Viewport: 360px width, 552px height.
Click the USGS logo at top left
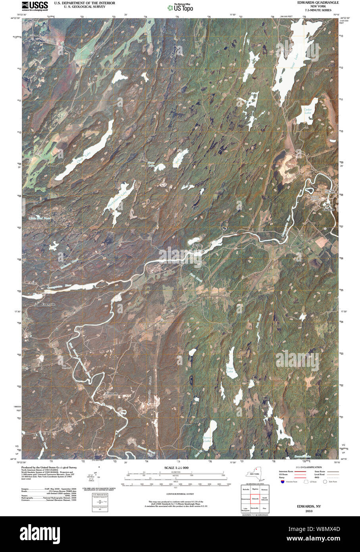pyautogui.click(x=35, y=6)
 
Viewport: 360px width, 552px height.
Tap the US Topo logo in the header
pyautogui.click(x=181, y=7)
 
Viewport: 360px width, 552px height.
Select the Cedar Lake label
pyautogui.click(x=308, y=111)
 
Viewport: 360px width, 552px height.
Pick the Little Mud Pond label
pyautogui.click(x=40, y=219)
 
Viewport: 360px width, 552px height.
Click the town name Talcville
pyautogui.click(x=197, y=245)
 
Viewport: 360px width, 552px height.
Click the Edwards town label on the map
pyautogui.click(x=329, y=209)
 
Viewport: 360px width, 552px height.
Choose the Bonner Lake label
pyautogui.click(x=208, y=440)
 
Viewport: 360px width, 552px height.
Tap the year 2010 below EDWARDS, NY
pyautogui.click(x=310, y=511)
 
